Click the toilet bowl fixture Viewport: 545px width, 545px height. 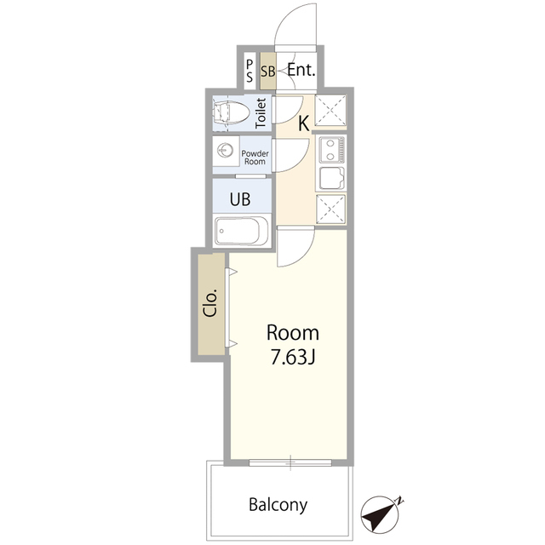tap(232, 112)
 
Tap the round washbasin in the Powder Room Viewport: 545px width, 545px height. tap(226, 151)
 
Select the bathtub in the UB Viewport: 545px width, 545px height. tap(241, 231)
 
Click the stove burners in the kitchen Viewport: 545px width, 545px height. tap(330, 151)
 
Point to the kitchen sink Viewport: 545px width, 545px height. tap(330, 179)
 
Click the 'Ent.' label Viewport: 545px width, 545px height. tap(301, 71)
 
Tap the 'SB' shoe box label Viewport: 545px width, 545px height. tap(267, 72)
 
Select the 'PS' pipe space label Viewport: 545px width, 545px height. tap(249, 69)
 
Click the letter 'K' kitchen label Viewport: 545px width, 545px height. tap(302, 123)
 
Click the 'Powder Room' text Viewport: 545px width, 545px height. tap(255, 157)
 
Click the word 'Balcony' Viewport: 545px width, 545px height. tap(278, 504)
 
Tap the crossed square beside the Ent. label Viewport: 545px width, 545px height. tap(330, 111)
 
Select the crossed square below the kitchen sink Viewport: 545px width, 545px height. tap(330, 209)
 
